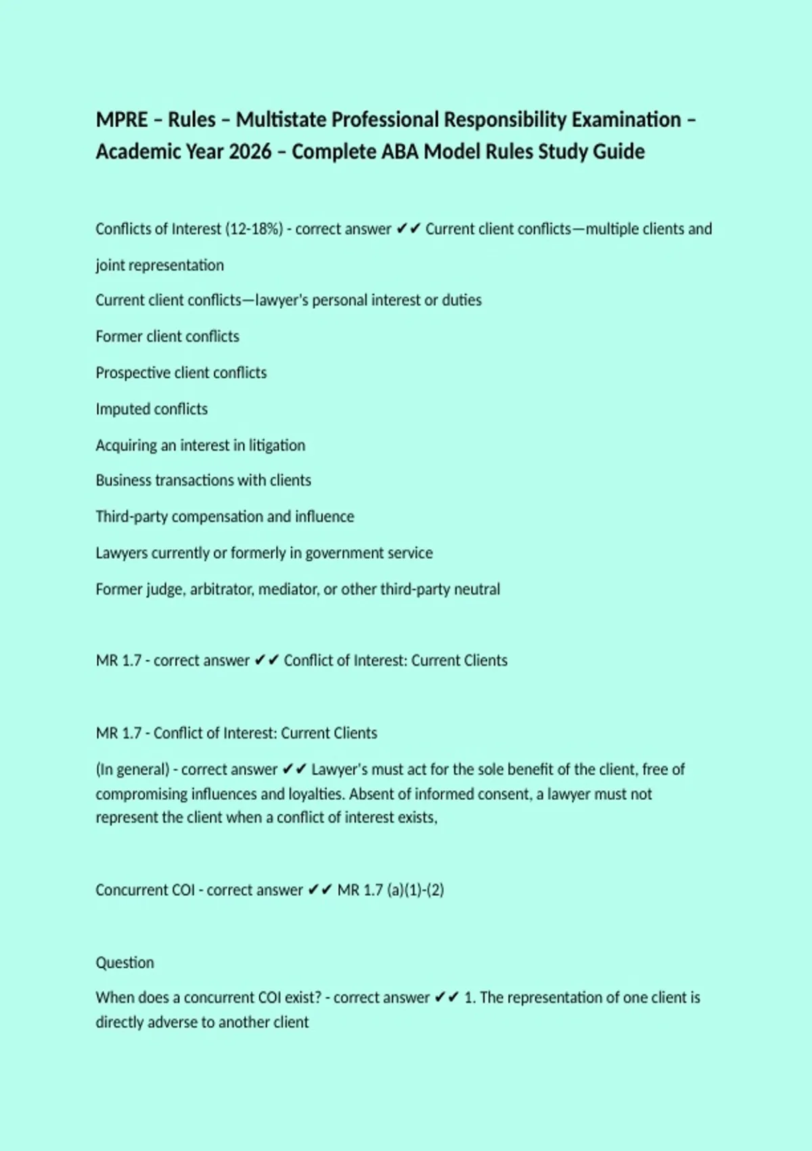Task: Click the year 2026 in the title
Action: pos(250,152)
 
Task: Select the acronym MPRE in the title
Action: pos(122,120)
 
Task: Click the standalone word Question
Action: pos(125,963)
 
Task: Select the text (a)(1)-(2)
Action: pos(415,890)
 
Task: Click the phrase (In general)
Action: pos(133,770)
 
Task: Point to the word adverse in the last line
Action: pos(172,1022)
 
